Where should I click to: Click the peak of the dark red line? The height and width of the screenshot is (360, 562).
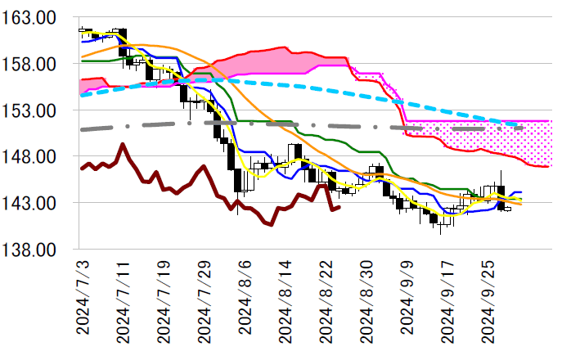[123, 145]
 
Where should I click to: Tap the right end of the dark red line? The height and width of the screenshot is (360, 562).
[339, 208]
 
